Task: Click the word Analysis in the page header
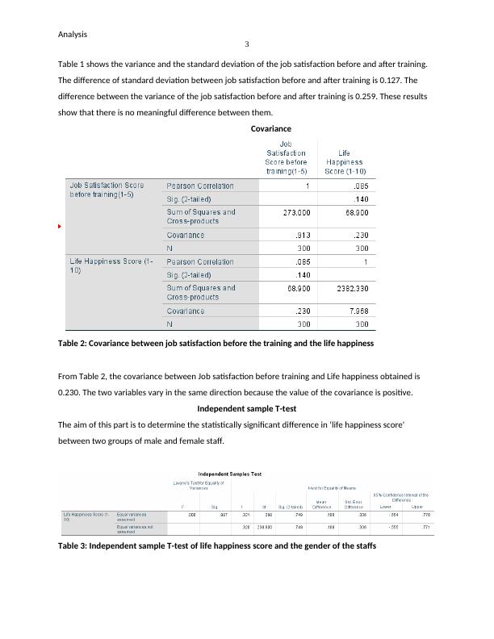pos(73,35)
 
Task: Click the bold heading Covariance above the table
pos(271,128)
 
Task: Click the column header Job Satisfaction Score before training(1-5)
pos(286,157)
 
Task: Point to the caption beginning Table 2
pos(216,344)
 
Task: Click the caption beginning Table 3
pos(217,546)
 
